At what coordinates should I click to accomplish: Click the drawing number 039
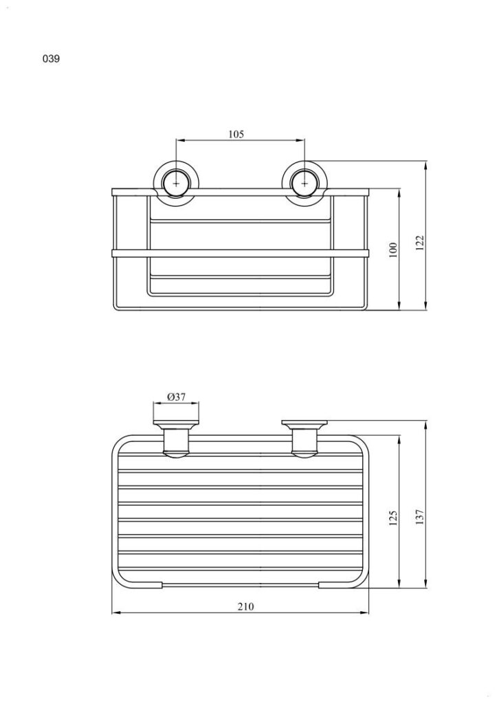52,59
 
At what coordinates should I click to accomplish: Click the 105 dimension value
236,135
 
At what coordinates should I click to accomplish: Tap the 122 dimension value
421,243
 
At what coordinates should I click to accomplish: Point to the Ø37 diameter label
176,397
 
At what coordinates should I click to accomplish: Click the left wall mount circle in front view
177,184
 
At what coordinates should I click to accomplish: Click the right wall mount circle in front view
305,184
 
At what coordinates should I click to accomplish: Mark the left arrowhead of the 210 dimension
115,613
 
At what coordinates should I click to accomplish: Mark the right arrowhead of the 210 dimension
365,613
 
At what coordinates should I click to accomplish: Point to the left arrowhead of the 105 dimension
179,140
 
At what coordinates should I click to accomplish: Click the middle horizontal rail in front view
241,254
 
